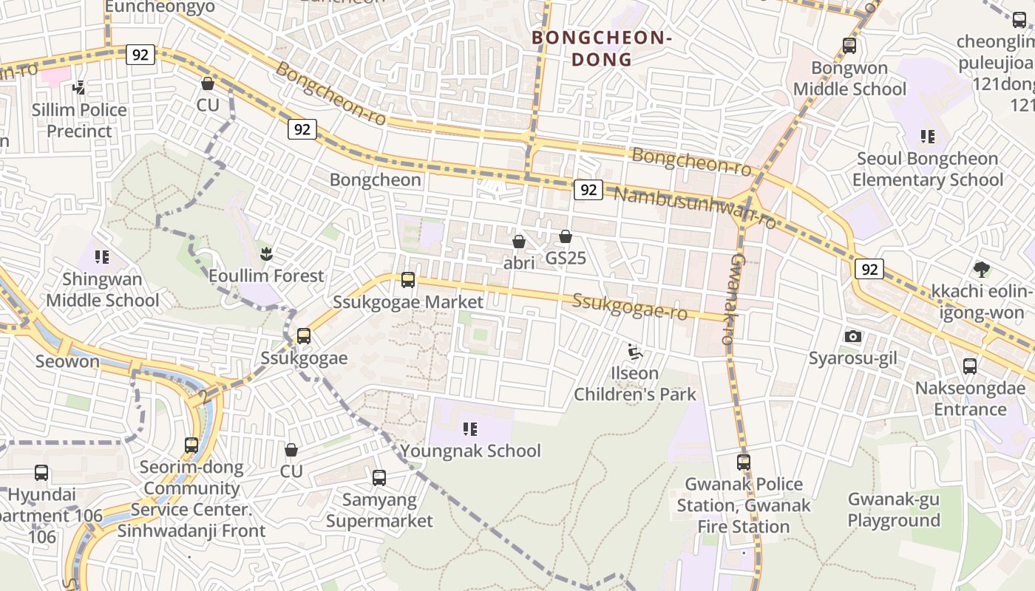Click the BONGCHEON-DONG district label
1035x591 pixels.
pyautogui.click(x=601, y=48)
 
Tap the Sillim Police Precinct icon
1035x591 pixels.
pyautogui.click(x=78, y=89)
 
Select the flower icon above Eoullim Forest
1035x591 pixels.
pyautogui.click(x=265, y=254)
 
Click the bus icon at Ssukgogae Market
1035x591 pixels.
pyautogui.click(x=407, y=280)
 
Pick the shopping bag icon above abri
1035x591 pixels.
pyautogui.click(x=519, y=242)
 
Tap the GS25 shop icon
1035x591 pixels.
pyautogui.click(x=566, y=236)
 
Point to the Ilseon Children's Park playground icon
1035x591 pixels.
pyautogui.click(x=634, y=351)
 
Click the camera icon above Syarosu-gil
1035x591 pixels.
pyautogui.click(x=852, y=337)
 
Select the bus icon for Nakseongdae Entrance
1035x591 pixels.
pyautogui.click(x=969, y=366)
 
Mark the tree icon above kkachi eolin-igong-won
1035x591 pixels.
pyautogui.click(x=981, y=269)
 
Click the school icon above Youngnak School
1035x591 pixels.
pyautogui.click(x=470, y=428)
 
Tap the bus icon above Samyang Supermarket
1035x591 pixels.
pyautogui.click(x=379, y=478)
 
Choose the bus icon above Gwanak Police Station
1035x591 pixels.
pyautogui.click(x=743, y=462)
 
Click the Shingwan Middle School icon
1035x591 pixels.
pyautogui.click(x=102, y=257)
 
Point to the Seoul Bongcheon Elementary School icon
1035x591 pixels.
pyautogui.click(x=927, y=137)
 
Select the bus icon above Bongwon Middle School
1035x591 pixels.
pyautogui.click(x=849, y=46)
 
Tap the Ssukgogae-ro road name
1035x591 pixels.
pyautogui.click(x=630, y=307)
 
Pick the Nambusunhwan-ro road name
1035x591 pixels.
pyautogui.click(x=695, y=207)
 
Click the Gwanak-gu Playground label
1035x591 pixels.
pyautogui.click(x=893, y=510)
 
